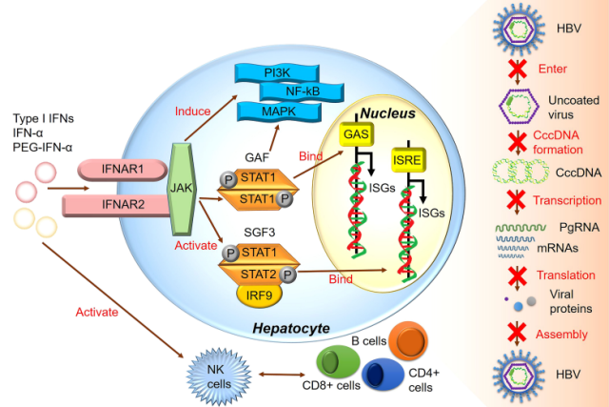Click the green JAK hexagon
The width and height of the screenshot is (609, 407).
(x=182, y=189)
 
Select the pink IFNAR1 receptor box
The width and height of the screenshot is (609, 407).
(x=123, y=170)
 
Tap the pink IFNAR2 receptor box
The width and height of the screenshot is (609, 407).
(x=116, y=205)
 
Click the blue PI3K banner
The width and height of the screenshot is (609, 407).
(x=277, y=73)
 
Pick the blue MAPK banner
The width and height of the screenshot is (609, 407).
(x=279, y=112)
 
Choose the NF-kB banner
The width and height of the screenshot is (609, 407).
(x=302, y=92)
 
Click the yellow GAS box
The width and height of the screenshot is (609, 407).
(x=357, y=134)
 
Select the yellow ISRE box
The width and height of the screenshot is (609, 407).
(x=408, y=160)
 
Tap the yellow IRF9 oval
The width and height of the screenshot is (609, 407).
(x=259, y=295)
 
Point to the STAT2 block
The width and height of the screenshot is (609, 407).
(x=259, y=275)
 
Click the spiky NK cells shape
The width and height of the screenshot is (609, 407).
(x=219, y=376)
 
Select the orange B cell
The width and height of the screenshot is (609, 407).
(x=408, y=341)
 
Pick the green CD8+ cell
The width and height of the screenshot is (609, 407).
(x=338, y=362)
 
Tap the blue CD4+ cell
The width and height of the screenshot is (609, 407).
(x=383, y=375)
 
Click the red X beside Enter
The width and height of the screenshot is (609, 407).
(x=518, y=69)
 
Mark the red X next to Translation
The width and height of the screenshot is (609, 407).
(x=518, y=275)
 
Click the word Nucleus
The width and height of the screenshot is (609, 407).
(x=387, y=113)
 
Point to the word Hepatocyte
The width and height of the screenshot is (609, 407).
(x=291, y=328)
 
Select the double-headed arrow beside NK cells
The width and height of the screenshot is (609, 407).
(x=282, y=375)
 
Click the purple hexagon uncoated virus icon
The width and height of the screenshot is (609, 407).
(x=519, y=106)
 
